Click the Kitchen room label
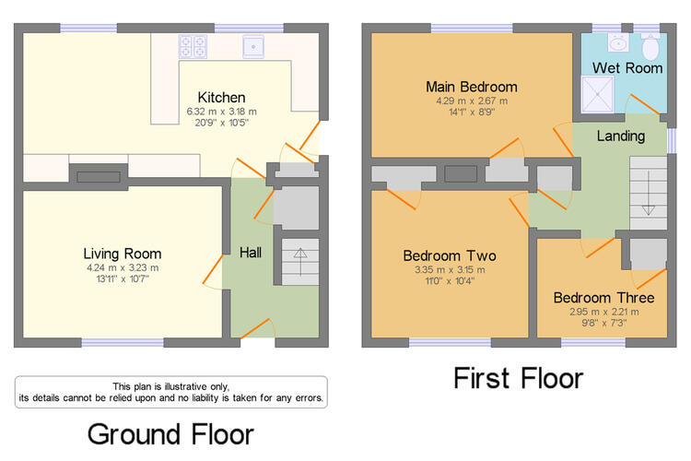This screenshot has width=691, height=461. (221, 97)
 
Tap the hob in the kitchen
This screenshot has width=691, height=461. (193, 47)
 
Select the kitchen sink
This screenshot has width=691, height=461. (253, 46)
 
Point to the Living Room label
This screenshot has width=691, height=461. (123, 254)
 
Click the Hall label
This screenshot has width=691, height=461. (251, 253)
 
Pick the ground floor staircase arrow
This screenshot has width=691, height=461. (300, 262)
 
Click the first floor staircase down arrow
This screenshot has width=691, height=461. (649, 194)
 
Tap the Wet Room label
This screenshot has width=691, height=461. (627, 68)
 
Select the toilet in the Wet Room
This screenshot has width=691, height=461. (650, 45)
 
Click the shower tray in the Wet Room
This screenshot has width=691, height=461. (598, 94)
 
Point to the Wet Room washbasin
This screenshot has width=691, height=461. (619, 42)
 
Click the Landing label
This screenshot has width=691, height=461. (621, 136)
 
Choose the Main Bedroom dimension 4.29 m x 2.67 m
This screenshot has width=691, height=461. (472, 100)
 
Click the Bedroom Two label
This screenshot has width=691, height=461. (450, 256)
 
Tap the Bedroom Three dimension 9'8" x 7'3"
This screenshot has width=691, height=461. (603, 323)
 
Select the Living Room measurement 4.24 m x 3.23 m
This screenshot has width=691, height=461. (123, 267)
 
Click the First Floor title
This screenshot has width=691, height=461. (518, 379)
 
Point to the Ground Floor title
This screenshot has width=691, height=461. (170, 434)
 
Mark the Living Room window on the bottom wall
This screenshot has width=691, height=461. (123, 342)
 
